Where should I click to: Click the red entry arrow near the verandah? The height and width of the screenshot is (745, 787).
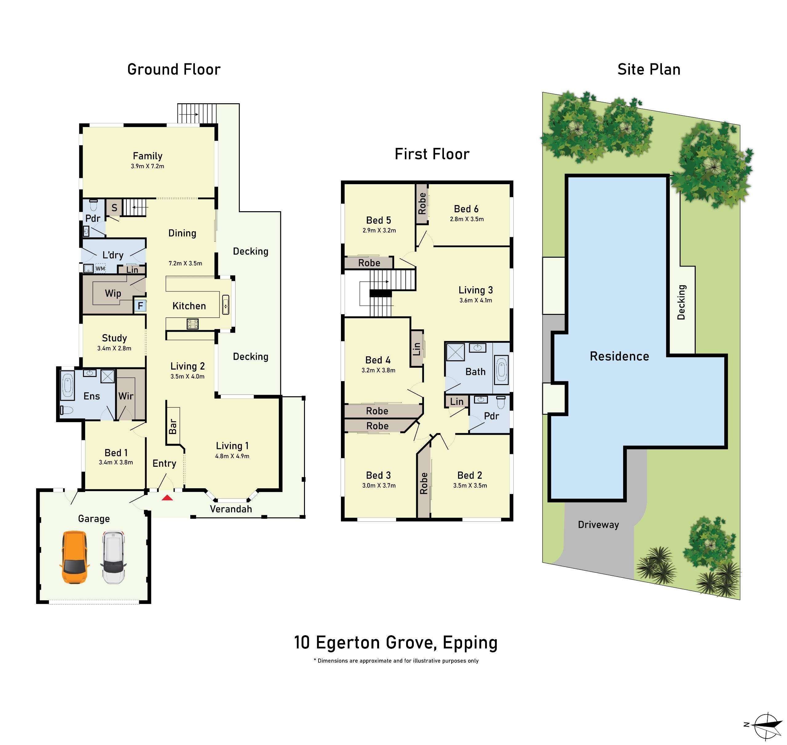(x=167, y=497)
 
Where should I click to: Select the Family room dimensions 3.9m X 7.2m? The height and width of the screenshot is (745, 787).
(x=147, y=166)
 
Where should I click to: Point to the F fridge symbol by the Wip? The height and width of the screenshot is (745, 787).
(x=140, y=306)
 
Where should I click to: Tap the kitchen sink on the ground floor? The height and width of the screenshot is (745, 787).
(x=226, y=305)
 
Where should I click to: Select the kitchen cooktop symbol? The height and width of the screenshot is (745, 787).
(x=192, y=324)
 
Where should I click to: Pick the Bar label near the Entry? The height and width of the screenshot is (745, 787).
(x=173, y=426)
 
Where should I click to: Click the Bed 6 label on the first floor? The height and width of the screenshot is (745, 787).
(x=466, y=209)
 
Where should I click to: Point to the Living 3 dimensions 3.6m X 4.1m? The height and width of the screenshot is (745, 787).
(x=476, y=301)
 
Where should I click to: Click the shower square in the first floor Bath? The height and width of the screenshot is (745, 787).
(x=455, y=352)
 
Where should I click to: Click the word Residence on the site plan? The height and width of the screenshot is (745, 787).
(x=619, y=357)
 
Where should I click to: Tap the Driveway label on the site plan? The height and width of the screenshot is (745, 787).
(x=598, y=525)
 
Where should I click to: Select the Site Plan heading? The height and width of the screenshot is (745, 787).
(x=648, y=69)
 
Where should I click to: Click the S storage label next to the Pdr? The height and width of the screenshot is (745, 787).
(x=114, y=208)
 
